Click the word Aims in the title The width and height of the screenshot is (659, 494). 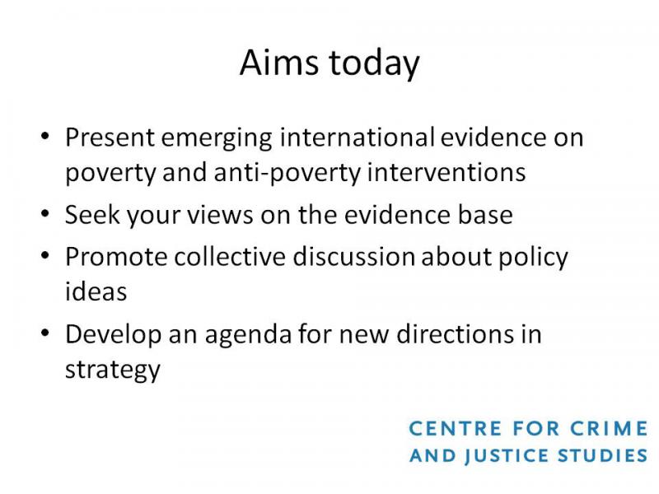coord(278,63)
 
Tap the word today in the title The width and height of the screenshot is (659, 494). coord(374,64)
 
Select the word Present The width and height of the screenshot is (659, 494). coord(110,137)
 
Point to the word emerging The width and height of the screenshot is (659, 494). coord(217,139)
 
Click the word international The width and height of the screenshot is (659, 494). coord(358,137)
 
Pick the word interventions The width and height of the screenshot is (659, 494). coord(446,172)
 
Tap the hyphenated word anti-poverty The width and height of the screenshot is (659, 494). coord(287,174)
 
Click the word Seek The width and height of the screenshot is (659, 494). coord(92,215)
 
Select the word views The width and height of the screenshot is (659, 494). coord(220,215)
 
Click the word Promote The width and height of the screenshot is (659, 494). coord(116,257)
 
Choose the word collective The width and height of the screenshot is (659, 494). coord(230,256)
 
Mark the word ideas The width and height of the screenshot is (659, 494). coord(96,291)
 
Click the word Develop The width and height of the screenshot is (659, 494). coord(113,336)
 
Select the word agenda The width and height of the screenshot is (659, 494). coord(248,336)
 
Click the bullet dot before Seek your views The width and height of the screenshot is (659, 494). coord(45,213)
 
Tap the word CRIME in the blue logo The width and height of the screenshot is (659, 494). coord(609,429)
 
